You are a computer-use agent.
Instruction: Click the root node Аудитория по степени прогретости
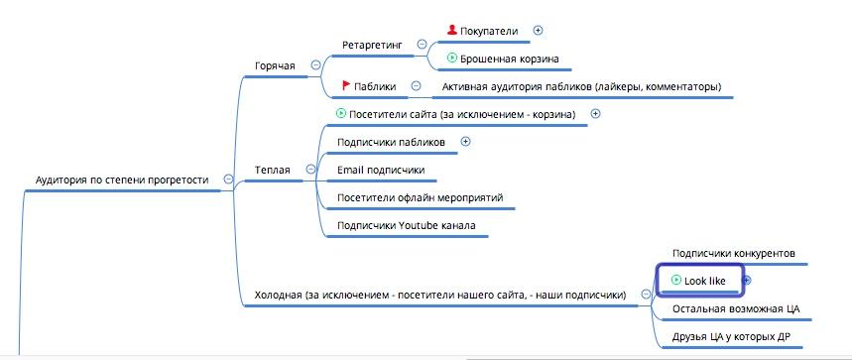[x=122, y=180]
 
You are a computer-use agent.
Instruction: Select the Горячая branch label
[x=275, y=65]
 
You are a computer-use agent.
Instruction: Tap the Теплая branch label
[x=272, y=170]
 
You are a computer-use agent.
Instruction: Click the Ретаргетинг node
[x=372, y=44]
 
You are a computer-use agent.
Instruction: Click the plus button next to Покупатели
[x=539, y=30]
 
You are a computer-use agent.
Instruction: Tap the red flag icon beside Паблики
[x=345, y=86]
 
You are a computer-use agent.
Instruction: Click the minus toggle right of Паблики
[x=416, y=86]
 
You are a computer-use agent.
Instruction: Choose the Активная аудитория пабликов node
[x=582, y=86]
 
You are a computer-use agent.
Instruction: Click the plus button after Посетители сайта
[x=595, y=113]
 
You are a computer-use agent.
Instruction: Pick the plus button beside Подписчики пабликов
[x=465, y=141]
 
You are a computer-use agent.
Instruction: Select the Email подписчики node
[x=381, y=170]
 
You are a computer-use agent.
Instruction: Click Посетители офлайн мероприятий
[x=420, y=197]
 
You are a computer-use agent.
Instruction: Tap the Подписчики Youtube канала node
[x=406, y=225]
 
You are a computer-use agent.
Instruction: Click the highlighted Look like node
[x=704, y=281]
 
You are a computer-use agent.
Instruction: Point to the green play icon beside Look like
[x=676, y=281]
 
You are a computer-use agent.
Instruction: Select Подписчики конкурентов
[x=733, y=253]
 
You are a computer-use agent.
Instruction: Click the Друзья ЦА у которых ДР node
[x=730, y=336]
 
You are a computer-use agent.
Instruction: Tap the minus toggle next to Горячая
[x=315, y=64]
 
